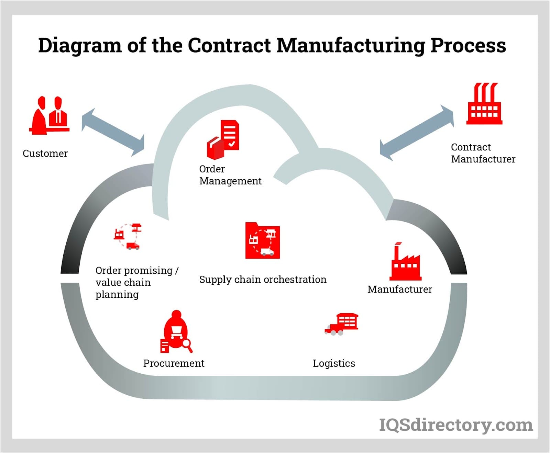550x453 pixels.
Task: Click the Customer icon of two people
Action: click(49, 115)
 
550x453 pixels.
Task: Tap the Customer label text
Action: click(45, 154)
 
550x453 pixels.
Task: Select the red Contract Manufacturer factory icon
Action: click(484, 104)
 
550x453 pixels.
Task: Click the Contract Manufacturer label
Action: click(483, 153)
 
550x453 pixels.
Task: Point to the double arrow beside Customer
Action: click(113, 132)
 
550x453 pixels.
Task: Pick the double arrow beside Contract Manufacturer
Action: click(417, 133)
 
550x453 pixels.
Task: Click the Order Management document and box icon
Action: click(223, 139)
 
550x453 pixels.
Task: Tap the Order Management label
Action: click(230, 175)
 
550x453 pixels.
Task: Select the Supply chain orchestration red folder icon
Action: click(263, 241)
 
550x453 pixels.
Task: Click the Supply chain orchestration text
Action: click(263, 280)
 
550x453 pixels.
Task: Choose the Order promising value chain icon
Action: click(128, 236)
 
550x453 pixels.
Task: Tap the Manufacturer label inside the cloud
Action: click(399, 290)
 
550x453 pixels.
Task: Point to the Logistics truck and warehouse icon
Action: click(342, 324)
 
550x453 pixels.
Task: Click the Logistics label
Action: click(334, 363)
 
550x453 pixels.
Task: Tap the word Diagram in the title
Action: click(80, 45)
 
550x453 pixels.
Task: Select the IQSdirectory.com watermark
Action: click(455, 425)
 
